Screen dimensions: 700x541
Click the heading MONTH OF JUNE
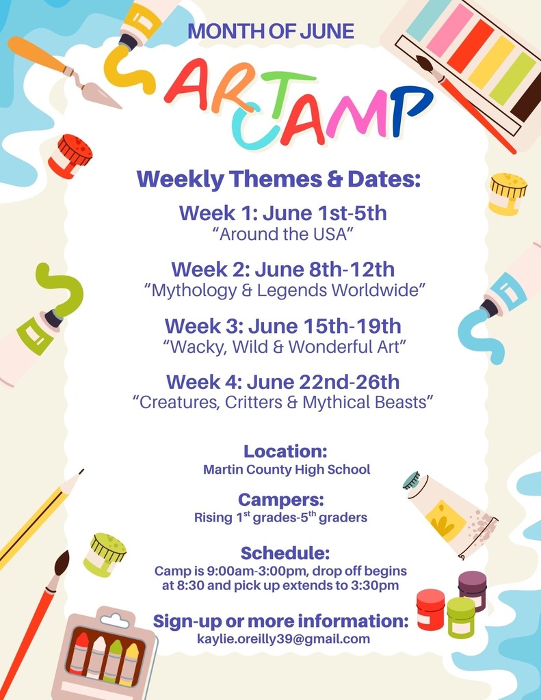pyautogui.click(x=271, y=31)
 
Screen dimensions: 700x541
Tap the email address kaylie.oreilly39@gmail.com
pyautogui.click(x=283, y=640)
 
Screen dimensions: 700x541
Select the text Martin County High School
pyautogui.click(x=287, y=470)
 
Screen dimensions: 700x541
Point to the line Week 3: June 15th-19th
pyautogui.click(x=282, y=325)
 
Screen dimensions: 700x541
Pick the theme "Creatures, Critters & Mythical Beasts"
pyautogui.click(x=282, y=403)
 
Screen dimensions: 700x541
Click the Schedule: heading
pyautogui.click(x=285, y=552)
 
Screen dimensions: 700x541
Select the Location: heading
pyautogui.click(x=285, y=451)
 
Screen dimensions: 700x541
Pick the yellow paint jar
pyautogui.click(x=507, y=193)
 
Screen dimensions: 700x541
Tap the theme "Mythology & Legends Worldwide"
pyautogui.click(x=285, y=290)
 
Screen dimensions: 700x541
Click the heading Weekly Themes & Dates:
pyautogui.click(x=278, y=179)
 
